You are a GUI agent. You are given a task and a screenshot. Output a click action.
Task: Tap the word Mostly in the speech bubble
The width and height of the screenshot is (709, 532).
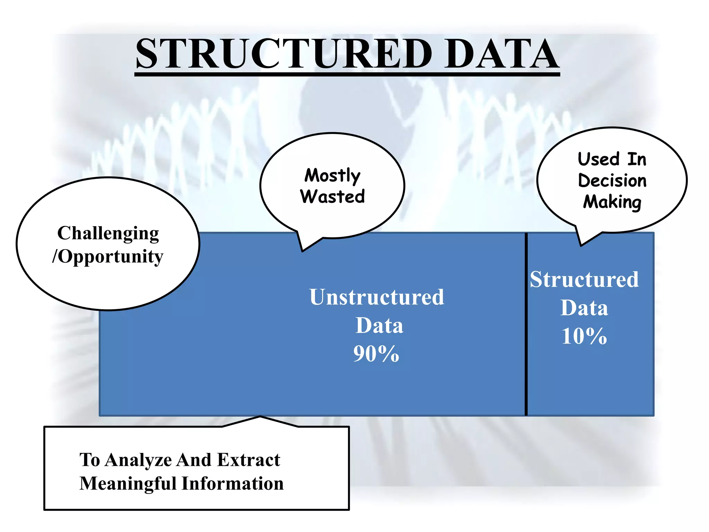(x=332, y=175)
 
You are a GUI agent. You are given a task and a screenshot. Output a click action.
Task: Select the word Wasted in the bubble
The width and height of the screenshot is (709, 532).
(x=332, y=197)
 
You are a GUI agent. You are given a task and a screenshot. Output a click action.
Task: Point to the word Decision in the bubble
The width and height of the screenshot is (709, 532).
(x=612, y=181)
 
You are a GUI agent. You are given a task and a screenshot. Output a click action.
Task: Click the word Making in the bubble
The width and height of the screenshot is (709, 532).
(x=612, y=202)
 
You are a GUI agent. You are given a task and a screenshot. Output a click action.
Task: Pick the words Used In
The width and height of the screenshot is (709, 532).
(x=612, y=159)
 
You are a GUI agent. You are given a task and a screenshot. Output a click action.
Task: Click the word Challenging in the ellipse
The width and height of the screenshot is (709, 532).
(x=108, y=233)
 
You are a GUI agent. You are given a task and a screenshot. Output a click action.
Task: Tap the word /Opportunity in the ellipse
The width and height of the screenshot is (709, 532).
(x=108, y=257)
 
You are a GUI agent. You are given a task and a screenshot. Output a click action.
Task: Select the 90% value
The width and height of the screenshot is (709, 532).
(x=376, y=354)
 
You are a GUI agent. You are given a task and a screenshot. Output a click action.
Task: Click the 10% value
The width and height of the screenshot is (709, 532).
(x=584, y=336)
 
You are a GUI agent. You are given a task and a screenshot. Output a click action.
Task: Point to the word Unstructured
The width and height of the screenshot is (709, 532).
(x=377, y=297)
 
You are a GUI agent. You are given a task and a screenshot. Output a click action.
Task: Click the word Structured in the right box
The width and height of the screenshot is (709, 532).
(x=584, y=280)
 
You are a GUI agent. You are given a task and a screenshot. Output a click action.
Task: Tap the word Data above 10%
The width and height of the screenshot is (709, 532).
(x=584, y=308)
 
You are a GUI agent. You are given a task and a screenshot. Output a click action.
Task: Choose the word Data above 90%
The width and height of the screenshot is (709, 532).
(x=379, y=326)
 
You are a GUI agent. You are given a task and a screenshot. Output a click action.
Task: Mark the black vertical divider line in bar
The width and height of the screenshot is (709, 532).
(x=526, y=324)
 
